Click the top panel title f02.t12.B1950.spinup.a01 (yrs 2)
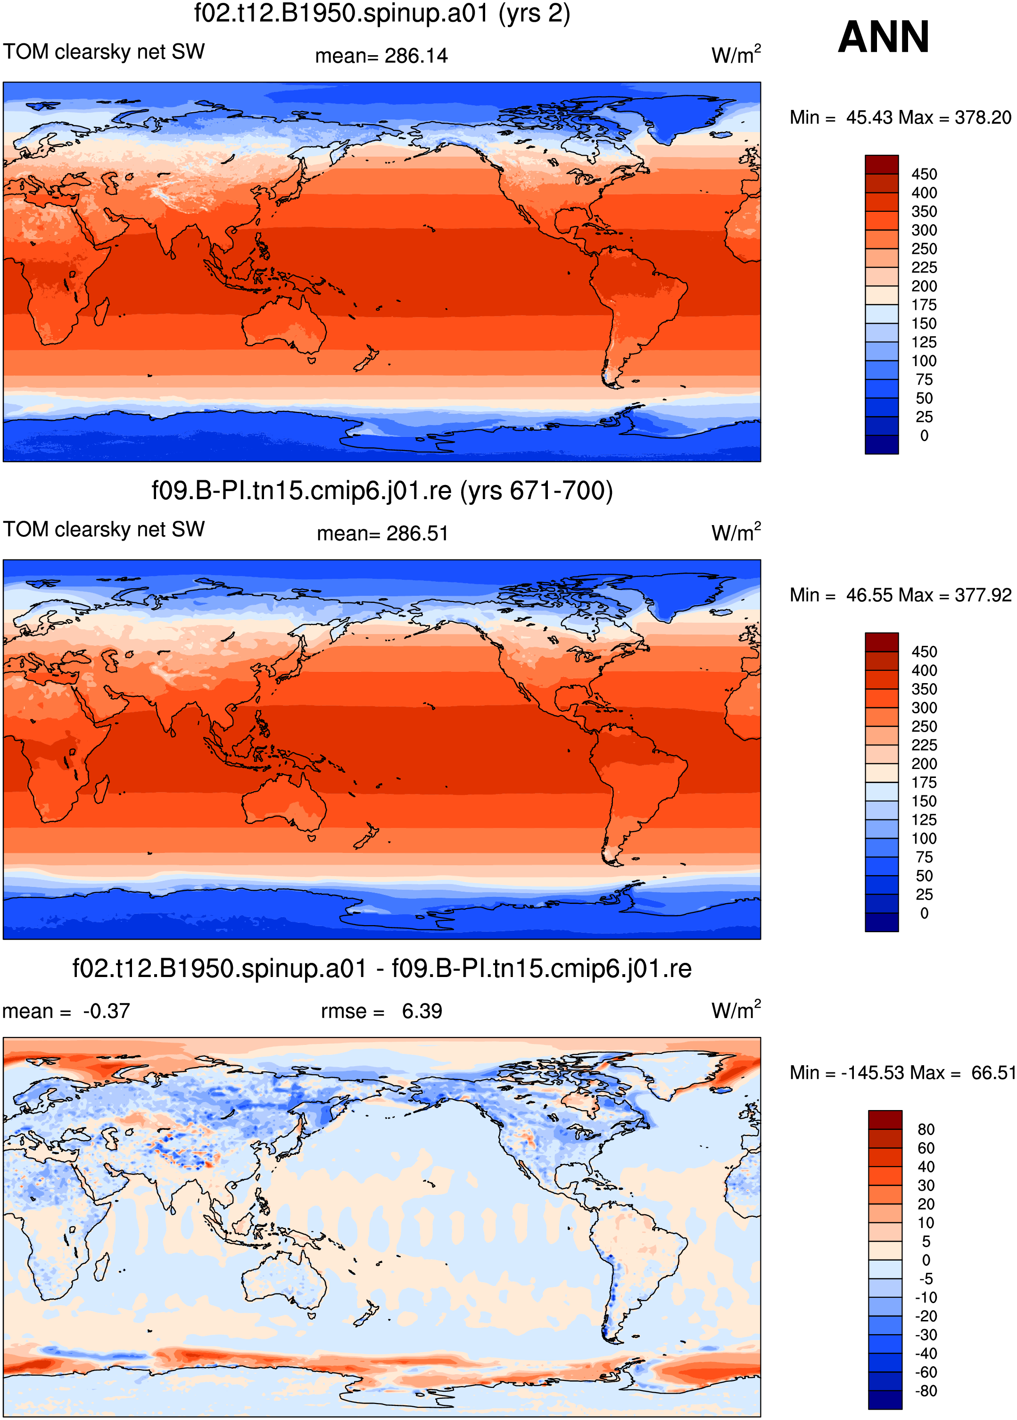click(x=382, y=14)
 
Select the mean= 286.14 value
click(x=381, y=56)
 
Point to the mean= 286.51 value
click(x=382, y=534)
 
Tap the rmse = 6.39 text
click(x=381, y=1011)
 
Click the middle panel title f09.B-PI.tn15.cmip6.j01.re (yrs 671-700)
click(x=382, y=491)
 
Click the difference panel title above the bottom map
click(x=382, y=969)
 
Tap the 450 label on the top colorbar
click(x=924, y=174)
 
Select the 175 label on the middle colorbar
click(x=924, y=783)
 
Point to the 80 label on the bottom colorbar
click(x=926, y=1129)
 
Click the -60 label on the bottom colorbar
click(x=926, y=1372)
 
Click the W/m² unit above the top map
click(x=736, y=54)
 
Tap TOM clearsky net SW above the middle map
click(x=104, y=529)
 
